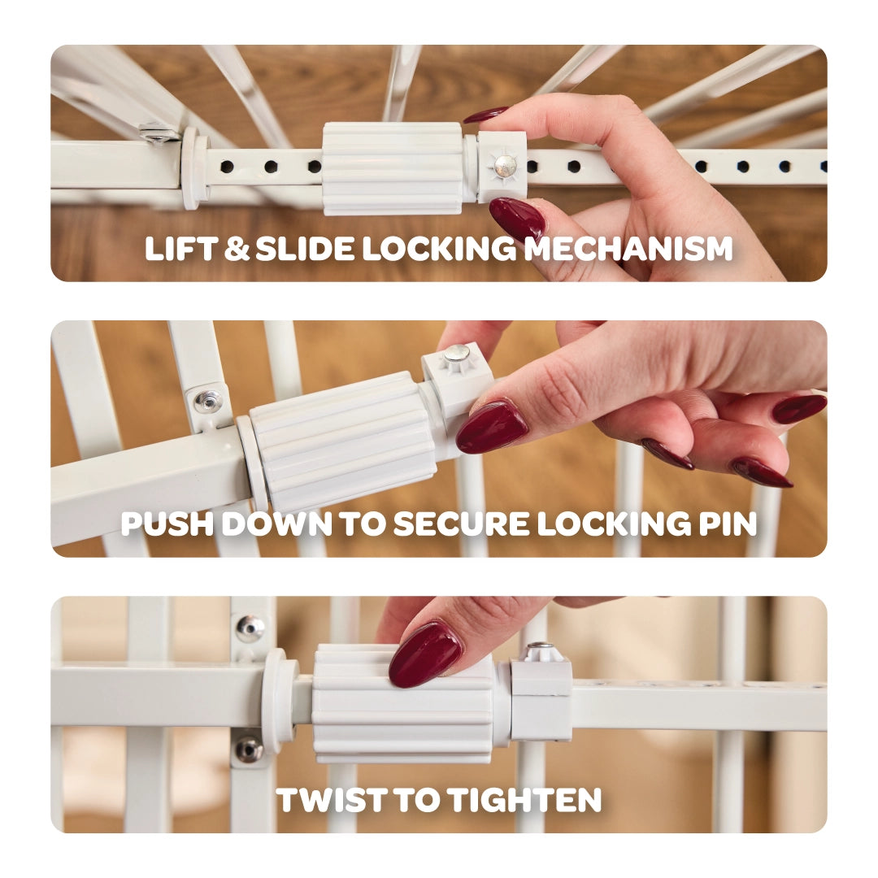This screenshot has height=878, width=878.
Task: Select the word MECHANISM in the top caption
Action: (x=628, y=249)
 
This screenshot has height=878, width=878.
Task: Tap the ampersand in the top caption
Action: (x=237, y=249)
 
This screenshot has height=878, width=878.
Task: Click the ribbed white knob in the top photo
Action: (x=392, y=168)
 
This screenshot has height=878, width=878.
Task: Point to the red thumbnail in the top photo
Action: (x=516, y=219)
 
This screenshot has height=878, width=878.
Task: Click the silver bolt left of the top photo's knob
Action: (x=159, y=131)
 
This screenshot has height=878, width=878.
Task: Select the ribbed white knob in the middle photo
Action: (x=341, y=443)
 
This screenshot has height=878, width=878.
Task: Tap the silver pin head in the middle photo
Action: (x=456, y=354)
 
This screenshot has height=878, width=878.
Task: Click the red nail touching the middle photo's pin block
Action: (x=492, y=426)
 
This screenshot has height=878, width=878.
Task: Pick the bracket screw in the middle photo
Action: (x=208, y=400)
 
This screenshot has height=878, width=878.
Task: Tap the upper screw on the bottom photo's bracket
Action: (x=249, y=628)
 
